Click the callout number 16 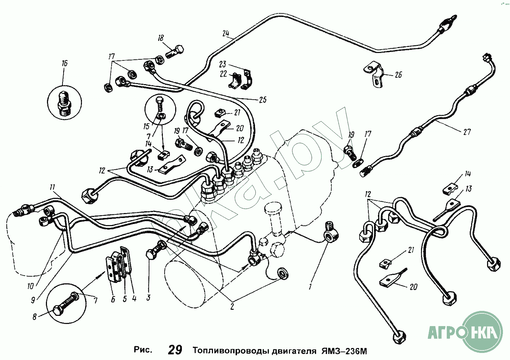click(x=64, y=64)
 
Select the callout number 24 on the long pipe click(x=226, y=34)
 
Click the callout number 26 click(x=398, y=75)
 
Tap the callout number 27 click(x=467, y=132)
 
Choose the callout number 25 click(x=262, y=100)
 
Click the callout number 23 click(x=223, y=64)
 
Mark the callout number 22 click(x=223, y=74)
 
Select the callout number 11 click(x=52, y=187)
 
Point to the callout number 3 click(x=148, y=297)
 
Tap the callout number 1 click(x=310, y=287)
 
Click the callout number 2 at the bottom click(x=232, y=307)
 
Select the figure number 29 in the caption click(x=175, y=350)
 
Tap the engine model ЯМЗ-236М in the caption click(x=344, y=351)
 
